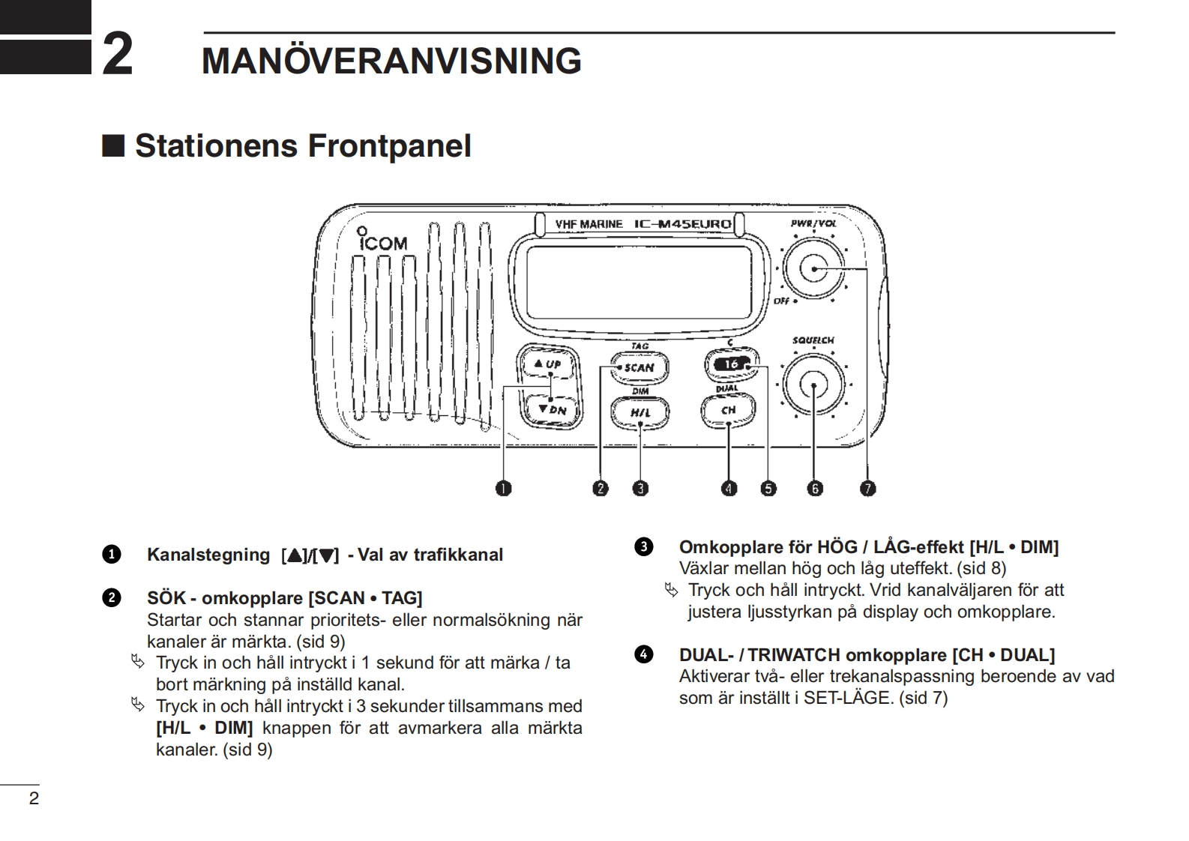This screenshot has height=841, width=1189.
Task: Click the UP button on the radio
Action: click(x=548, y=364)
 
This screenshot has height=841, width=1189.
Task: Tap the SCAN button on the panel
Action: click(x=638, y=367)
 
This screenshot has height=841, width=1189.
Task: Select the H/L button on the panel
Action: click(x=639, y=412)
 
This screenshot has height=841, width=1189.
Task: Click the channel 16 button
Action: click(x=731, y=364)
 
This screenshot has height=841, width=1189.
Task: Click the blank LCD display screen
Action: click(x=639, y=282)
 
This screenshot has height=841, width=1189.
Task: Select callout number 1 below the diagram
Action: click(x=503, y=489)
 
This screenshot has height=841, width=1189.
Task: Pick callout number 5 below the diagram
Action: click(x=768, y=489)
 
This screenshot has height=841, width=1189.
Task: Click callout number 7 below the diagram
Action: click(x=867, y=489)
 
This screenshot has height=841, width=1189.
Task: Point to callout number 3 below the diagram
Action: click(x=639, y=489)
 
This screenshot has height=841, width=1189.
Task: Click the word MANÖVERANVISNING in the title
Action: click(x=391, y=61)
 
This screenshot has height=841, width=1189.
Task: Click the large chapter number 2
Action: click(x=117, y=54)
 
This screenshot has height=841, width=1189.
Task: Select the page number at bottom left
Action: click(x=33, y=798)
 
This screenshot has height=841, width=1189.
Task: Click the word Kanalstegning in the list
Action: click(x=208, y=555)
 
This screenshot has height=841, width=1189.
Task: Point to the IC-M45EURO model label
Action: click(x=682, y=224)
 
